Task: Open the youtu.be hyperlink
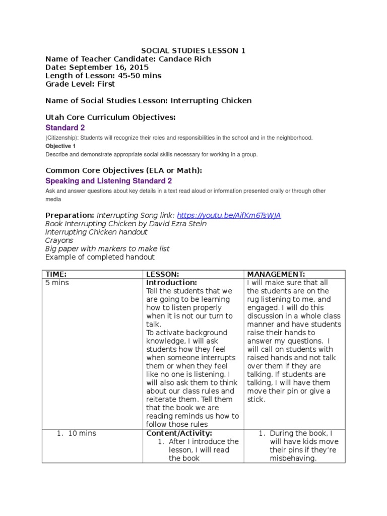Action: click(229, 215)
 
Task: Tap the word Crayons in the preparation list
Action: click(59, 240)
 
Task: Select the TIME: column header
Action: click(56, 274)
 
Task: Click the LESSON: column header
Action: click(162, 274)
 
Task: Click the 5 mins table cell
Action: click(57, 283)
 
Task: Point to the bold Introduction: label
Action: click(171, 283)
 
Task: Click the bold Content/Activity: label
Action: click(179, 433)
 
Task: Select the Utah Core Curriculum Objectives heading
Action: click(110, 117)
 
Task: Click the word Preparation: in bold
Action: click(70, 215)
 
